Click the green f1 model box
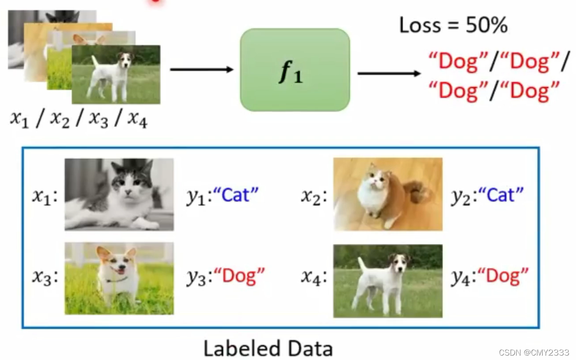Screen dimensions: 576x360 click(295, 70)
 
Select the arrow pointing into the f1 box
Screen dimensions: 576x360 click(202, 70)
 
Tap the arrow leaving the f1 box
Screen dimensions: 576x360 click(389, 73)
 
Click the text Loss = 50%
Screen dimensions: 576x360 click(453, 26)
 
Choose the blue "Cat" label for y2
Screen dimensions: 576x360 click(501, 195)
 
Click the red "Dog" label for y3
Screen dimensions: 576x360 click(239, 276)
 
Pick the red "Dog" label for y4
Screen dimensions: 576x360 click(507, 276)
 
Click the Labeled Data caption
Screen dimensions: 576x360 click(268, 348)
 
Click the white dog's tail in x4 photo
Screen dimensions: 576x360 click(362, 265)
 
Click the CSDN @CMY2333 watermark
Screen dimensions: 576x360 click(534, 352)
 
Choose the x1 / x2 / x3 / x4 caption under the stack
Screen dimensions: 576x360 click(79, 119)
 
